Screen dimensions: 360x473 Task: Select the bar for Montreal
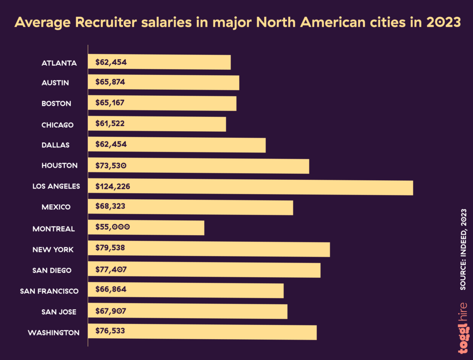coord(146,228)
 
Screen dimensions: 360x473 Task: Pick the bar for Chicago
coord(157,124)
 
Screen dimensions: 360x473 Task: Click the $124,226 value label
coord(113,187)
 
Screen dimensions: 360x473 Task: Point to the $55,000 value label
coord(113,227)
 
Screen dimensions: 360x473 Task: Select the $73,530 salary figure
coord(111,165)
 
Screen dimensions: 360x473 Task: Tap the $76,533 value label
coord(110,331)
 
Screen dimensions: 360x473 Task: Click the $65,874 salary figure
coord(110,82)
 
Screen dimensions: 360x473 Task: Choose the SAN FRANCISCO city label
coord(49,291)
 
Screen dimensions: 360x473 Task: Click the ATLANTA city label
coord(59,63)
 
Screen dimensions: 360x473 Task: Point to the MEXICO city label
coord(56,207)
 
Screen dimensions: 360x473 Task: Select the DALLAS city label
coord(55,145)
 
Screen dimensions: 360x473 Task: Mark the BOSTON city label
coord(56,104)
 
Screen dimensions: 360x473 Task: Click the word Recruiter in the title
coord(116,22)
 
